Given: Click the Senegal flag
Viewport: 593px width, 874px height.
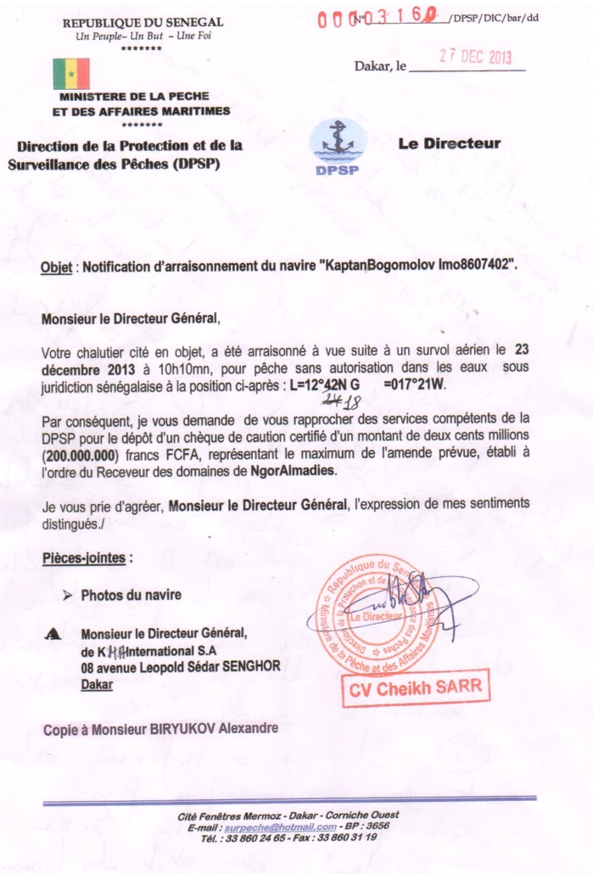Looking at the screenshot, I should [x=71, y=74].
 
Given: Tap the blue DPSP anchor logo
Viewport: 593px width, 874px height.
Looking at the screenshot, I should [x=338, y=147].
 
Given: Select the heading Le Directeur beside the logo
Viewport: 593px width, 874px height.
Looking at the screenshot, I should [x=449, y=143].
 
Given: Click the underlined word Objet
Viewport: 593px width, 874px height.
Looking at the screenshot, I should [x=58, y=266].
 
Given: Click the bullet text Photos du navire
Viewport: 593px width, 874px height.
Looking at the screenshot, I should [x=131, y=595].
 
